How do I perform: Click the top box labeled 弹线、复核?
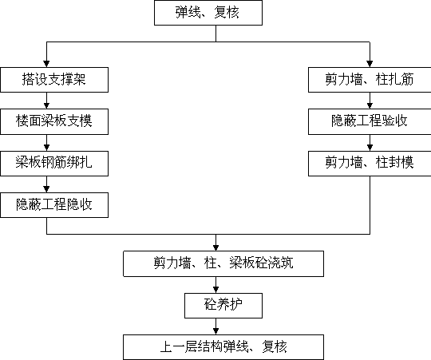coord(208,13)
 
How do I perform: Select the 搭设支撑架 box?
coord(54,80)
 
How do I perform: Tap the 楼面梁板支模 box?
coord(54,121)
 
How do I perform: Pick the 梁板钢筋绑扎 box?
coord(54,163)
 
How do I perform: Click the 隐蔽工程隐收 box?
coord(54,205)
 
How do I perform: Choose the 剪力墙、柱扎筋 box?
coord(370,80)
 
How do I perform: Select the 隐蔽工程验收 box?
coord(370,121)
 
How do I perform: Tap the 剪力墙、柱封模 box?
coord(370,163)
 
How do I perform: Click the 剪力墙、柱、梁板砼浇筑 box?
coord(223,263)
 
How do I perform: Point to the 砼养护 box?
coord(223,306)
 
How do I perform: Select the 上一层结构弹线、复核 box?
coord(223,347)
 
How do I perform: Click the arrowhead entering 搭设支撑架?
coord(46,64)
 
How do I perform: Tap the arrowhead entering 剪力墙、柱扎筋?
coord(370,64)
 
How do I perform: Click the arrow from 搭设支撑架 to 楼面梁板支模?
coord(46,101)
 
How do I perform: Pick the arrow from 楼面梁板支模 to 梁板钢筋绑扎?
coord(46,143)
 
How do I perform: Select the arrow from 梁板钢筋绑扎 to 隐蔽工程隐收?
coord(46,184)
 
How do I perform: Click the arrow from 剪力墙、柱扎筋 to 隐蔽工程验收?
coord(370,101)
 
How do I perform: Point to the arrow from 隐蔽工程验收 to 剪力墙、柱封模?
coord(370,143)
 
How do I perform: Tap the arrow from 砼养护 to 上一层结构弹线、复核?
coord(215,326)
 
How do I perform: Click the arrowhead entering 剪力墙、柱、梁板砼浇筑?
coord(215,247)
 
